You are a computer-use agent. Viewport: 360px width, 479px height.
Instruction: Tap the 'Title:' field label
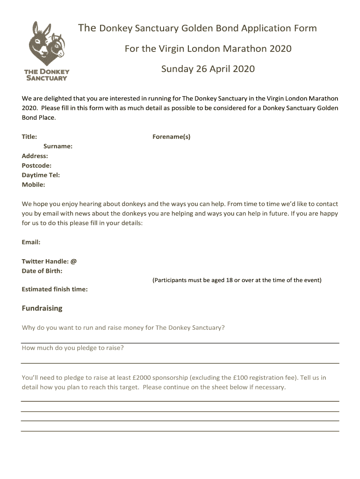pos(29,137)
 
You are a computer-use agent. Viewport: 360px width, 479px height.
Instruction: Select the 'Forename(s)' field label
pos(171,137)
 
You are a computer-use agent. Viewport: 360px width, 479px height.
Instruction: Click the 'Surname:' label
pos(58,146)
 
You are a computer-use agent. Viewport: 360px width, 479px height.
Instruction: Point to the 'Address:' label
pos(35,156)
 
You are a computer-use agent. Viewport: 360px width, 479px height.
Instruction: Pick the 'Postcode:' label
pos(36,166)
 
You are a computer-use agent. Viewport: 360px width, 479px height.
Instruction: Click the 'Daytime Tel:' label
pos(41,175)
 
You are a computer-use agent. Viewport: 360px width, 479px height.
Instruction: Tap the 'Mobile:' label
pos(33,185)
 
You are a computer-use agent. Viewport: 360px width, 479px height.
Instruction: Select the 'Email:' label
pos(31,242)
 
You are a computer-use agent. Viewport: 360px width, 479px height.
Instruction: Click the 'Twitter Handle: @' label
pos(49,261)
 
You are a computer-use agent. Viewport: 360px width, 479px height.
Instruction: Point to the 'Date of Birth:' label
pos(42,271)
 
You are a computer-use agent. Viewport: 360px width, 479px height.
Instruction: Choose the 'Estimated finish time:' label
pos(55,290)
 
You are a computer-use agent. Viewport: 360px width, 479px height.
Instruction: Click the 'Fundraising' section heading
pos(42,308)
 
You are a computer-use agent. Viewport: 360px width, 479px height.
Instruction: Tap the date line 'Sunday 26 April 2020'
pos(208,69)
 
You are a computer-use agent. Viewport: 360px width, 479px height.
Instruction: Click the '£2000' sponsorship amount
pos(142,377)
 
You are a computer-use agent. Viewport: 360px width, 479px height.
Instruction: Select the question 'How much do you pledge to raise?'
pos(72,348)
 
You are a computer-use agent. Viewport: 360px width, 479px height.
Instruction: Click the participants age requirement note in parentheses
pos(237,280)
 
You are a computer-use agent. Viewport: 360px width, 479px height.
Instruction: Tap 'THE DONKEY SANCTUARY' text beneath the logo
pos(47,75)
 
